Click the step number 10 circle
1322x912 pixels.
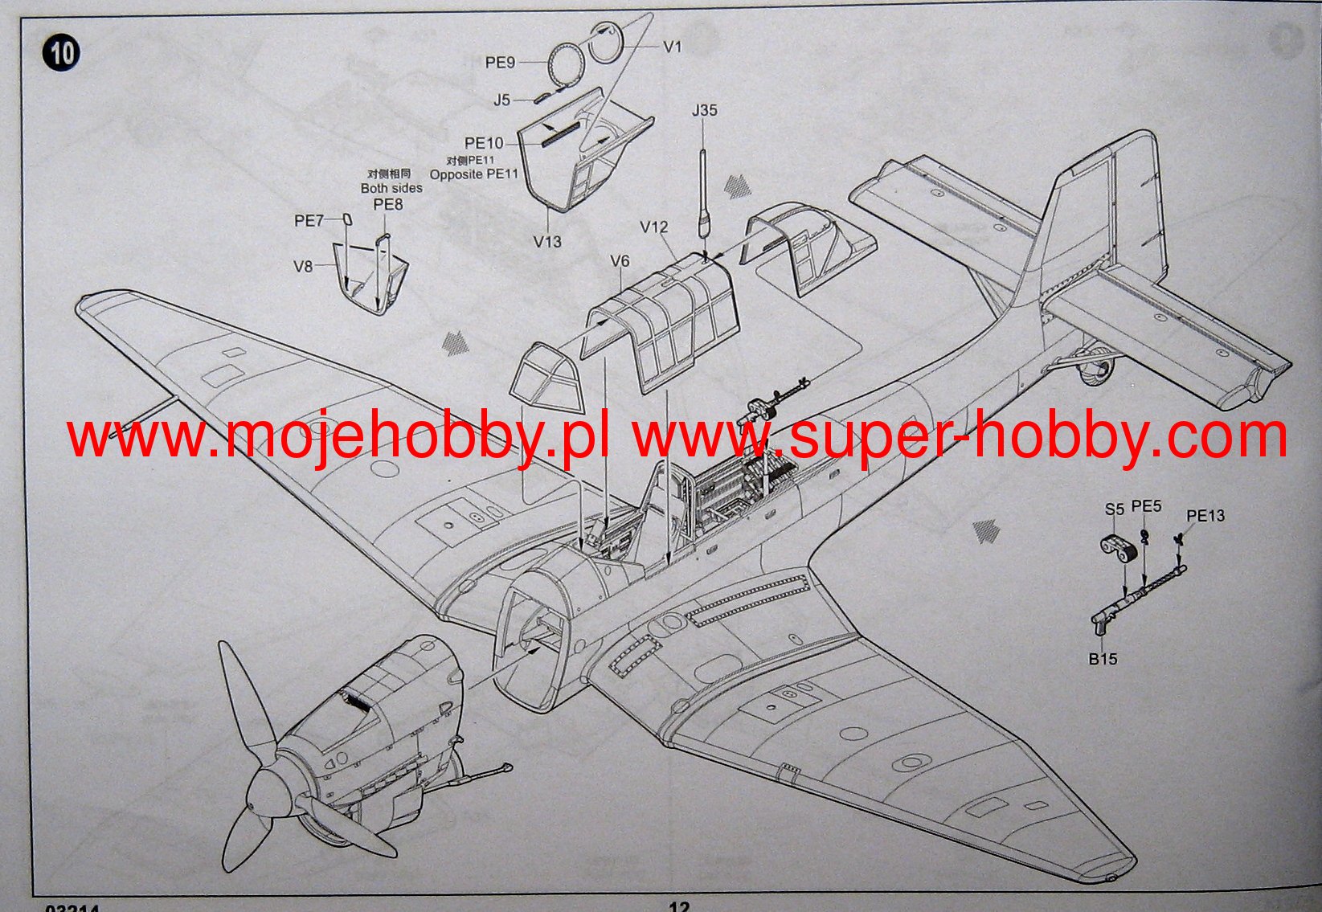tap(62, 53)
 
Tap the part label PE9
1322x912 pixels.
tap(500, 62)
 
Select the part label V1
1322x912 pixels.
tap(672, 47)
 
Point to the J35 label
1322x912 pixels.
tap(704, 110)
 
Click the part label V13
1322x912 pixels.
tap(547, 241)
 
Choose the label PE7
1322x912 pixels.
tap(309, 220)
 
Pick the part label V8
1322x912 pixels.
tap(302, 266)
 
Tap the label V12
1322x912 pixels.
tap(654, 227)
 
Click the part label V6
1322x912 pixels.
tap(620, 261)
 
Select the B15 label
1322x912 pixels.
tap(1103, 659)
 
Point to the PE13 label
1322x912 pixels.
tap(1205, 516)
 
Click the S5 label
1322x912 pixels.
tap(1114, 509)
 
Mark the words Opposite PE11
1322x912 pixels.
tap(474, 174)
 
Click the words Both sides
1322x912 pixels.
tap(391, 188)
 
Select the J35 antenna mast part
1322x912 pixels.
tap(704, 193)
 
